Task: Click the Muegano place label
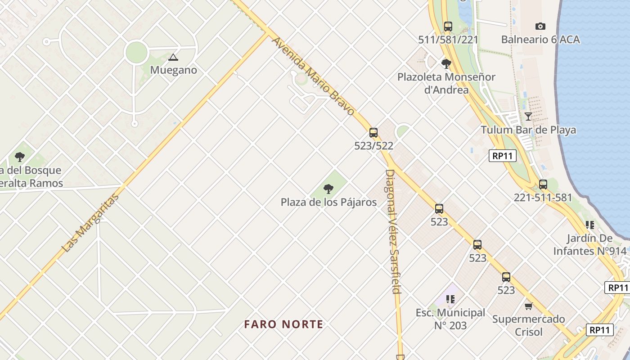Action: click(x=173, y=70)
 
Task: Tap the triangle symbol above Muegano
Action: click(x=173, y=57)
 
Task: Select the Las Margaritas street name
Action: click(x=91, y=222)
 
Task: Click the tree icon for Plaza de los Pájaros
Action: click(x=328, y=189)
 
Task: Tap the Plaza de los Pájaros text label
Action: click(x=328, y=202)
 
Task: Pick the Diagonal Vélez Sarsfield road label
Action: click(x=393, y=231)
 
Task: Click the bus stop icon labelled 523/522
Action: click(x=373, y=133)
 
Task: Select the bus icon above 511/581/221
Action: click(x=448, y=26)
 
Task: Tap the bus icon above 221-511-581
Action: click(x=543, y=184)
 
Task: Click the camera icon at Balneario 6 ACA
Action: click(x=540, y=26)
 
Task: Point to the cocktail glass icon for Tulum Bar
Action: click(x=528, y=117)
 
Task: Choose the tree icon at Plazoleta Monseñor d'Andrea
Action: click(x=446, y=63)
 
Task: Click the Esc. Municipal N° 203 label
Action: click(x=450, y=319)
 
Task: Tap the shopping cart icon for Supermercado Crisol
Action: click(x=529, y=306)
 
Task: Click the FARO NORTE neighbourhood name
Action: click(x=283, y=324)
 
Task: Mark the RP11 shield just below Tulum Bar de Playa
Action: click(x=502, y=156)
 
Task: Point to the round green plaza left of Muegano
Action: click(x=136, y=53)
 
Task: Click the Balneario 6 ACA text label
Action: click(x=540, y=40)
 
